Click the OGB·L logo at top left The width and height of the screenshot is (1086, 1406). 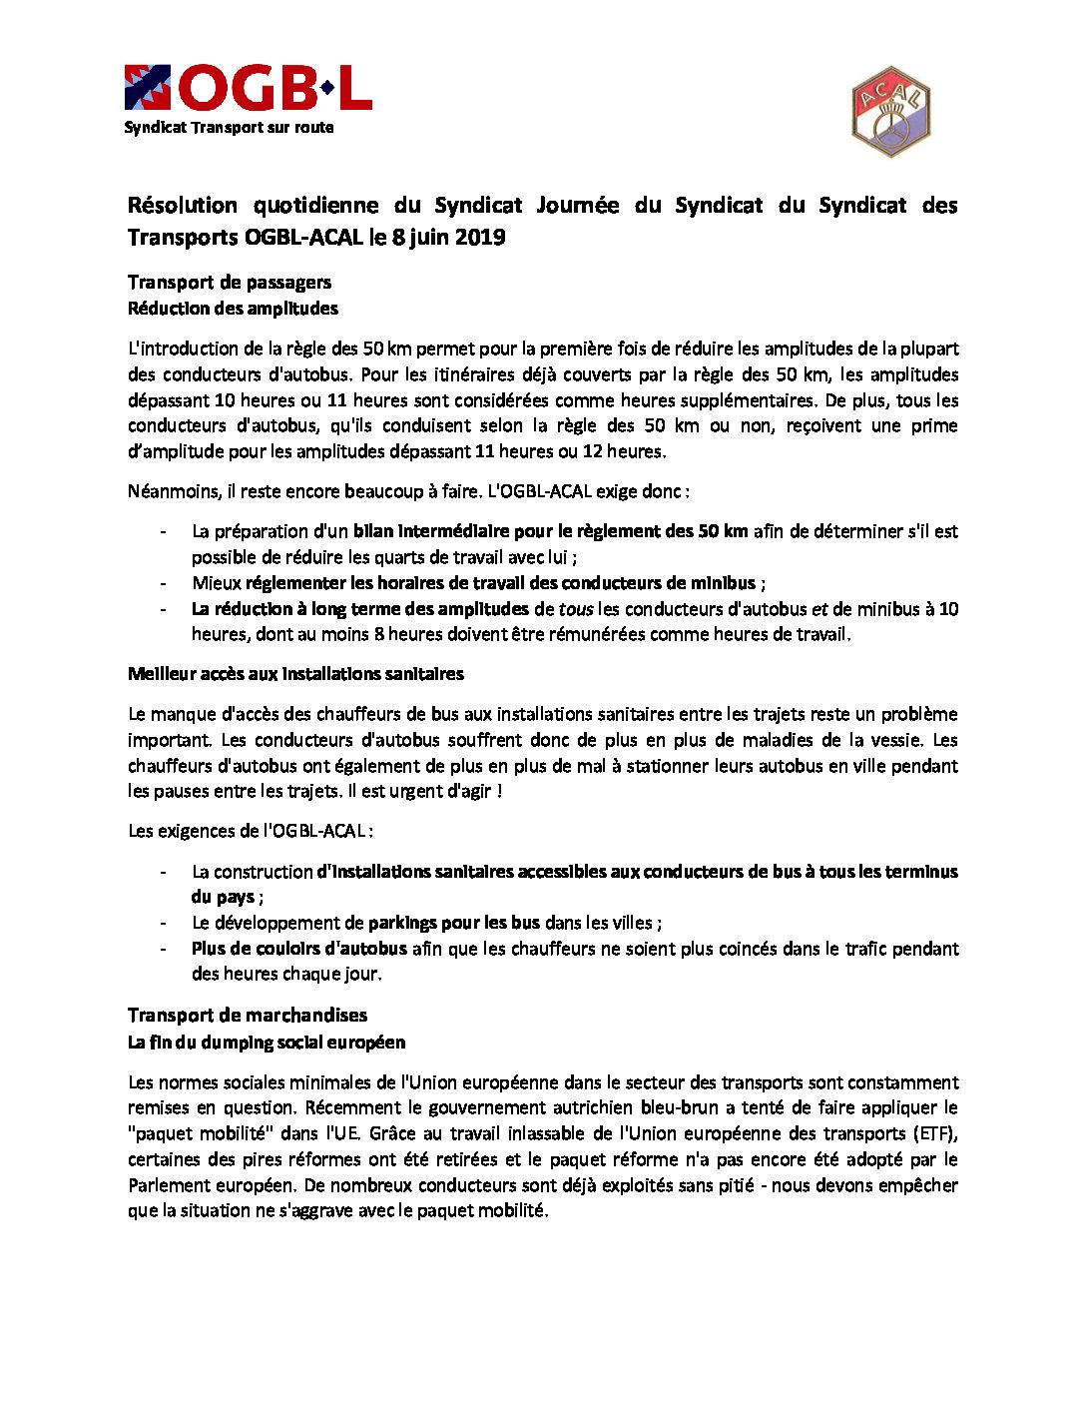248,88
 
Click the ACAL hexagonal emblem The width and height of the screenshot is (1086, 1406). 890,112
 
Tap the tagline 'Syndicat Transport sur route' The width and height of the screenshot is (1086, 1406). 229,128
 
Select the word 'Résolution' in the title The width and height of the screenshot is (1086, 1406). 183,206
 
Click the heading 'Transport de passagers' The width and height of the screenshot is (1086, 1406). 230,283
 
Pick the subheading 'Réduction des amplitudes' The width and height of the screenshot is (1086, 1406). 233,309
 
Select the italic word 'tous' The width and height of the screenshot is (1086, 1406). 576,609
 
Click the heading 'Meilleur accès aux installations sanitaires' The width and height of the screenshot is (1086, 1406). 295,674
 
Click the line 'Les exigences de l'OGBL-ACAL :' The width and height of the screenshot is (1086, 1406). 251,831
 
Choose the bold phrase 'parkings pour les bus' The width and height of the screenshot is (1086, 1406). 454,923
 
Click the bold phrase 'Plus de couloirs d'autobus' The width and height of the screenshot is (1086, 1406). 299,949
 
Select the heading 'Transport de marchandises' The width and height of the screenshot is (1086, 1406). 248,1016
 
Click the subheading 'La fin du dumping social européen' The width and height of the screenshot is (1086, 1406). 267,1043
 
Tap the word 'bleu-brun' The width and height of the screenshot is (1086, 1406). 680,1107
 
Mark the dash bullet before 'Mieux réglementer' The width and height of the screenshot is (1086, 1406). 163,583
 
